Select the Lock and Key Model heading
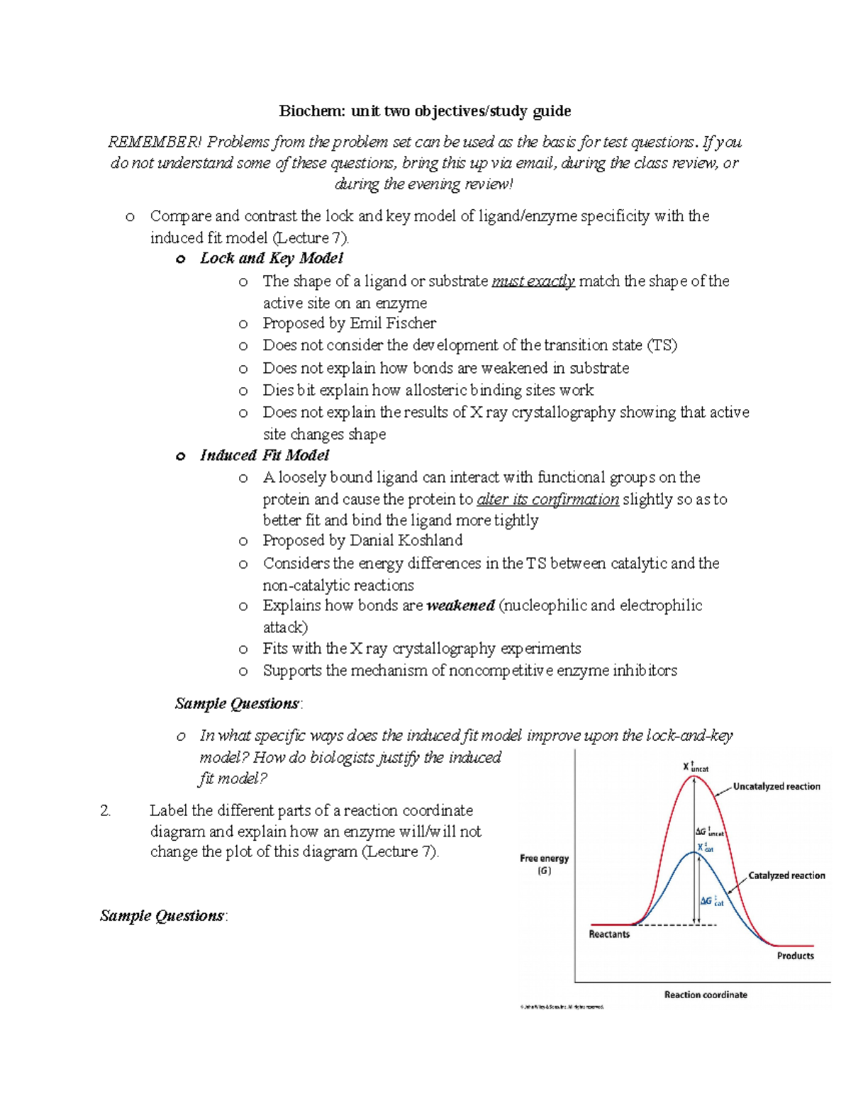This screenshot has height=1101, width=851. pos(271,258)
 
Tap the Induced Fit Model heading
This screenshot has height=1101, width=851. pos(264,455)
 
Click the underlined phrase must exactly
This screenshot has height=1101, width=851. pos(533,281)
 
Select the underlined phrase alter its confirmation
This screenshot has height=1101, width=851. pos(547,499)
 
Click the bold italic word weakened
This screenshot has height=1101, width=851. pos(460,605)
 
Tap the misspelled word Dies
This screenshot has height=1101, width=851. pos(277,390)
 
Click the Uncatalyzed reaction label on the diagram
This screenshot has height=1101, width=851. pos(776,786)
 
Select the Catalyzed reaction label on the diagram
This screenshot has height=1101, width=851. pos(786,876)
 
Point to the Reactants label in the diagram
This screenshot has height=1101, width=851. pos(608,934)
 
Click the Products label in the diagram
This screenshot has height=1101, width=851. pos(795,956)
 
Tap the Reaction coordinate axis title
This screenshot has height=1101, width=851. pos(705,995)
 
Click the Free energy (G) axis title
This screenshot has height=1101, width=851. pos(544,864)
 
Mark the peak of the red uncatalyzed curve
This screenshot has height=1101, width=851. pos(694,776)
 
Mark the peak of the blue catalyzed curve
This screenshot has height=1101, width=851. pos(695,853)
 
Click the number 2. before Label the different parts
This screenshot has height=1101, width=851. pos(106,810)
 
